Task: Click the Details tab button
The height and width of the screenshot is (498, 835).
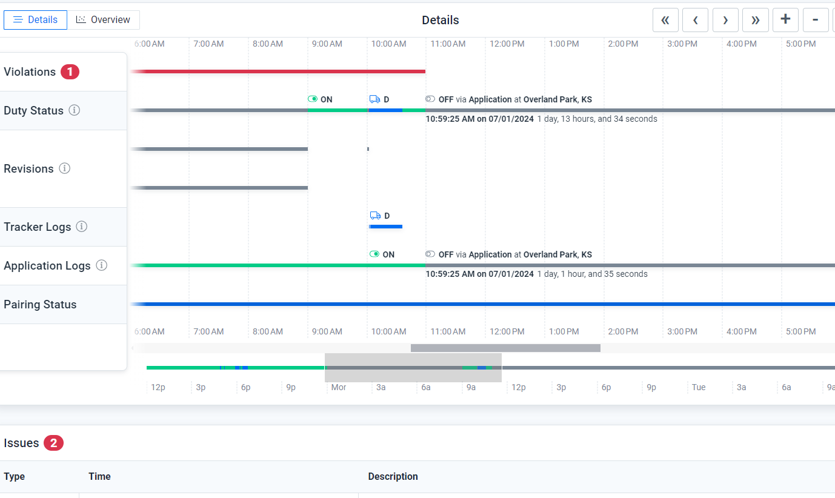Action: coord(35,20)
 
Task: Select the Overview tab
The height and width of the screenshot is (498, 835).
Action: coord(104,20)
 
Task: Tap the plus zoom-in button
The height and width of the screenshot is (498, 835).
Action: coord(785,20)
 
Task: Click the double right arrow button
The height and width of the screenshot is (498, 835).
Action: coord(755,20)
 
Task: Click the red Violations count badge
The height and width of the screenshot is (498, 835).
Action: coord(70,72)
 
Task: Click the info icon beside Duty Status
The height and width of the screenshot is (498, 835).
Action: coord(75,110)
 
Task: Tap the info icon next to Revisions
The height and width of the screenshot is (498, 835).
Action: coord(65,168)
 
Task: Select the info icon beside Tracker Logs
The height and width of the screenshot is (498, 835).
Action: coord(82,227)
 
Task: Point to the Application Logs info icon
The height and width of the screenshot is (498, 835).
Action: coord(102,265)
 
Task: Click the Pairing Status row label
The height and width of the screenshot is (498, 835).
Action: coord(40,305)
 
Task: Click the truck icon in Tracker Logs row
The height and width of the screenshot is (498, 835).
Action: coord(375,216)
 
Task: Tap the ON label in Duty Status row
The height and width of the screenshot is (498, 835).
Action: coord(326,99)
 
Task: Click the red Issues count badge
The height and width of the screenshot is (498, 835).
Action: coord(53,443)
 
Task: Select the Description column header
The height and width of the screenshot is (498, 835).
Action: coord(393,477)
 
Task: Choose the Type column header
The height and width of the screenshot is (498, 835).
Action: coord(15,477)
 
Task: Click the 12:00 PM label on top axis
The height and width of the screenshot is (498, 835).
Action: coord(507,44)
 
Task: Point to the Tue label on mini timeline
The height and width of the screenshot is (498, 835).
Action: coord(699,387)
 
